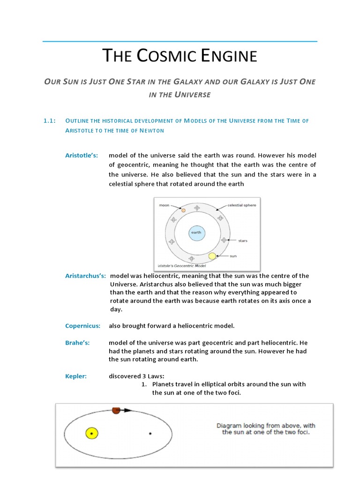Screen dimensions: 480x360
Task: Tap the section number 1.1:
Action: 49,120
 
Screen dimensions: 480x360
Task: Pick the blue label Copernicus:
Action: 82,326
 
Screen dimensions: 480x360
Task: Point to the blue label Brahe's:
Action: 77,343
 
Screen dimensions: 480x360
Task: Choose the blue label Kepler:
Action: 75,376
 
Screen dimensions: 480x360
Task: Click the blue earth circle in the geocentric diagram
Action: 197,233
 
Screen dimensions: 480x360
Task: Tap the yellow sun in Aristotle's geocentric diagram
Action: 212,256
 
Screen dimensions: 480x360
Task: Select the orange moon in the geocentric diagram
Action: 183,210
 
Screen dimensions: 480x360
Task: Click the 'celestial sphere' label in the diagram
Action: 241,205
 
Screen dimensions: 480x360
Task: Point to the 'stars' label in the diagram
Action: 243,240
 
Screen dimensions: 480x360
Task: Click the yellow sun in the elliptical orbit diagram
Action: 91,433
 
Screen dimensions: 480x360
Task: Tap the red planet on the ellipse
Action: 116,411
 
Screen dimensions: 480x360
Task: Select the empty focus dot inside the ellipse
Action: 150,434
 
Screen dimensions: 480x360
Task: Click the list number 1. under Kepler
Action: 144,384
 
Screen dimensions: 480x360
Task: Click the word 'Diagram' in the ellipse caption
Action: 229,426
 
